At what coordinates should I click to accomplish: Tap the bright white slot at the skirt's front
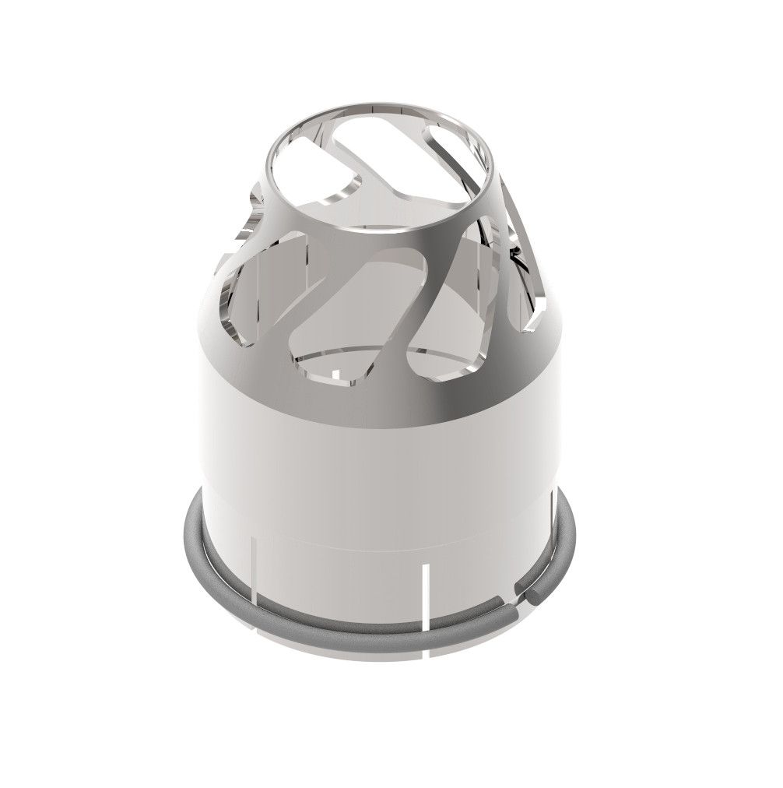point(426,596)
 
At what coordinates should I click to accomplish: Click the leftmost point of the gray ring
point(187,529)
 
